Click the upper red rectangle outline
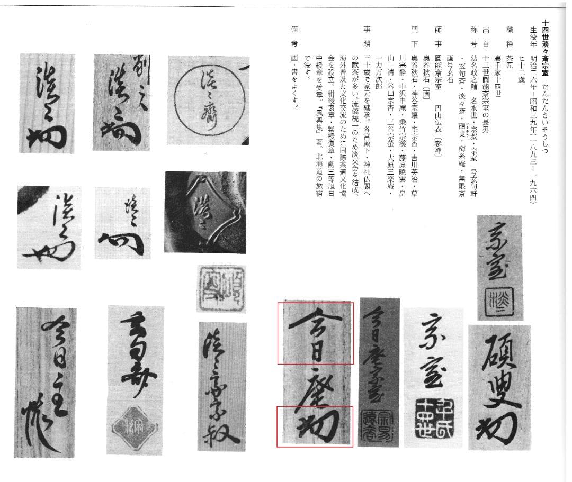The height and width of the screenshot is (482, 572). (x=315, y=333)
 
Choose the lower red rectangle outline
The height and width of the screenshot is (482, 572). (x=315, y=426)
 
